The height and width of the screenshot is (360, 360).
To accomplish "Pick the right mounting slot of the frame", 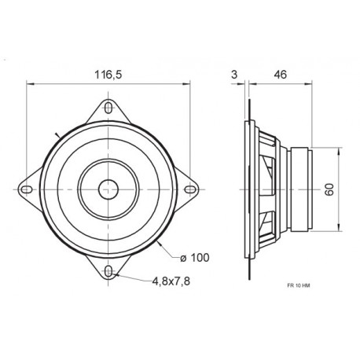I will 189,188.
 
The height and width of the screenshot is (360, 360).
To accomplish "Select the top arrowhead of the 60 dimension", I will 340,150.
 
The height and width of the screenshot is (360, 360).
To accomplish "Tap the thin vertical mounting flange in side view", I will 249,188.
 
